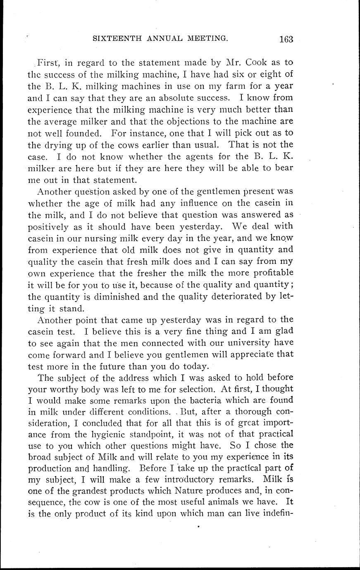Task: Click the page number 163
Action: [x=286, y=39]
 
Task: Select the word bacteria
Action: [x=210, y=400]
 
